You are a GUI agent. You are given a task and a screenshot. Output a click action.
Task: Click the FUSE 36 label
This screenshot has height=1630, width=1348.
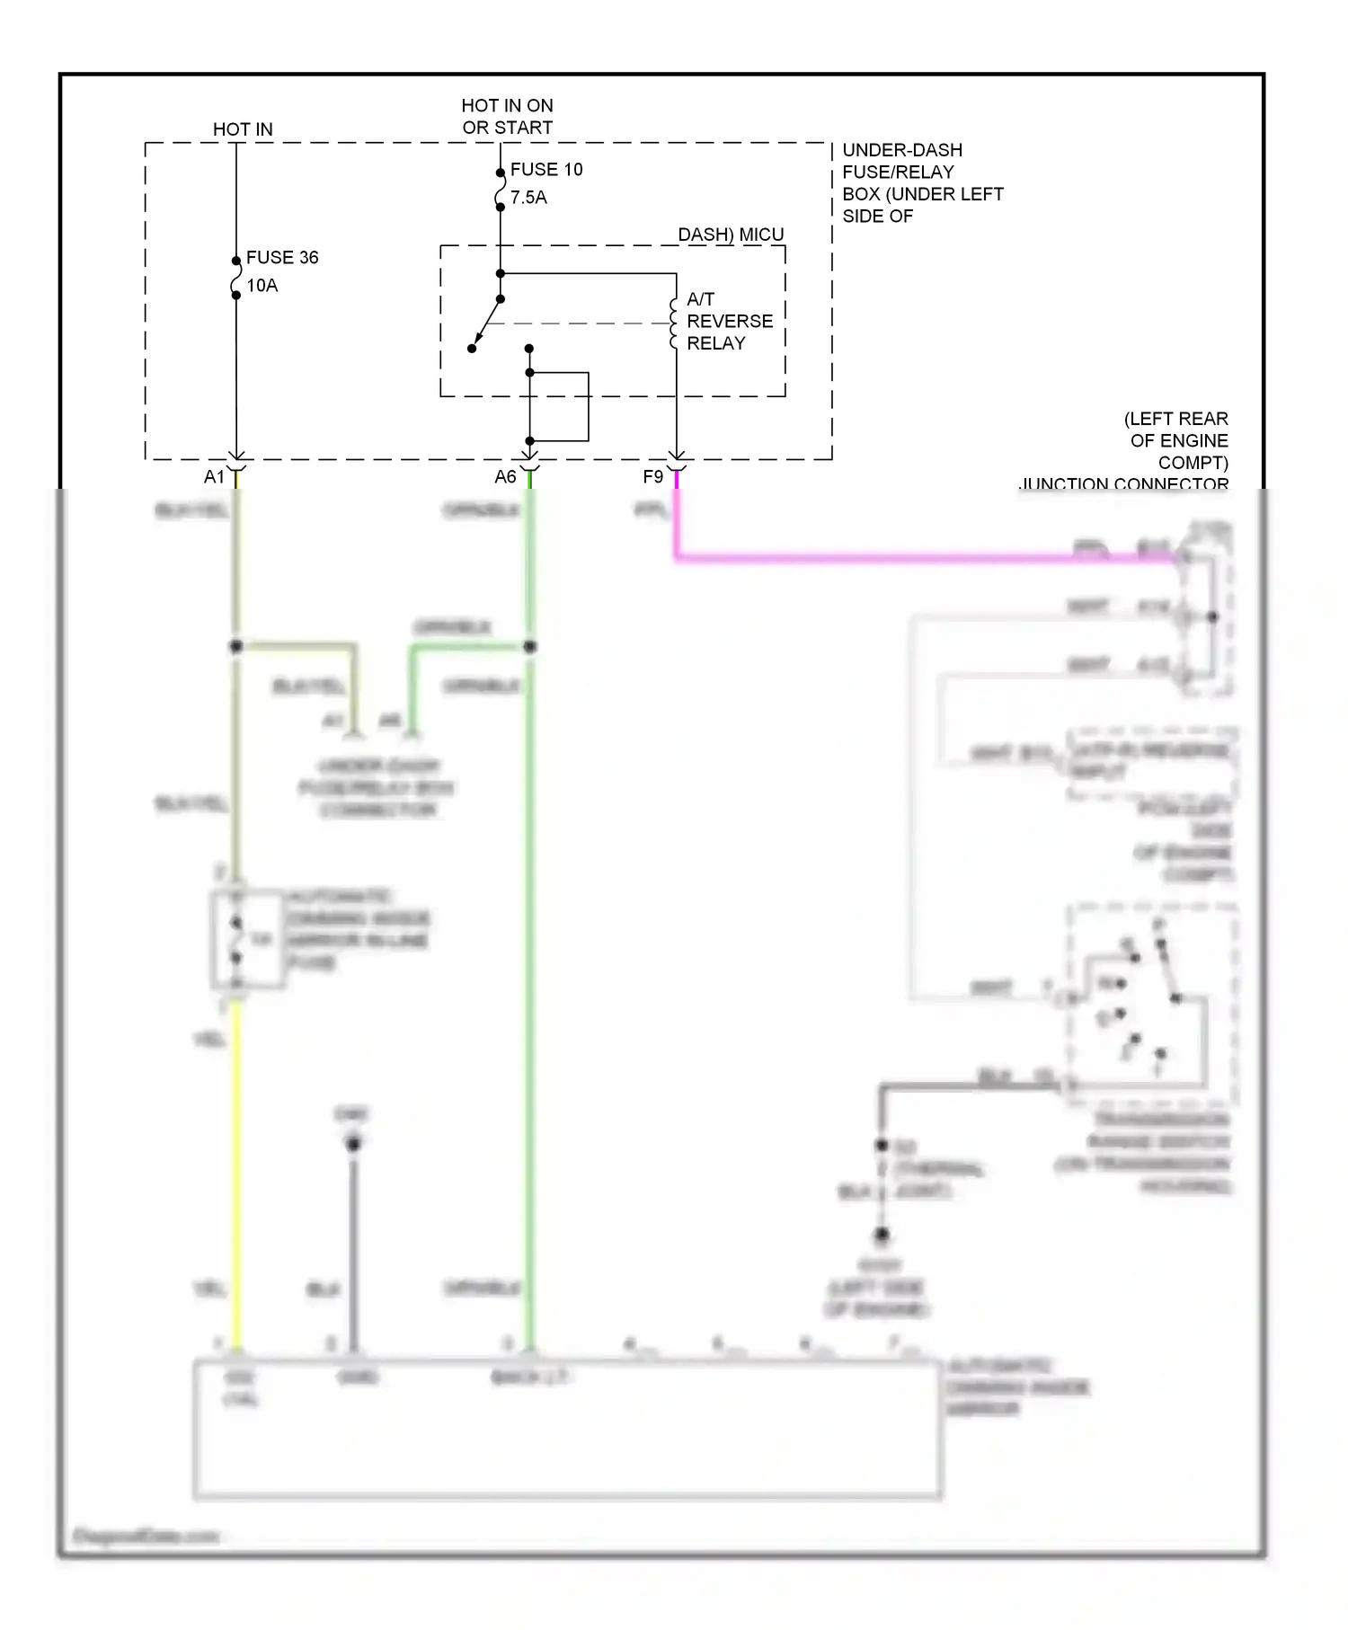click(x=282, y=258)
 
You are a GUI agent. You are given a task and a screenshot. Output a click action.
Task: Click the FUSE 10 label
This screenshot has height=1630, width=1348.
click(x=546, y=170)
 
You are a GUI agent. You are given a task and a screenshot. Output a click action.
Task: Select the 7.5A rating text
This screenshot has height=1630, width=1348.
click(x=528, y=198)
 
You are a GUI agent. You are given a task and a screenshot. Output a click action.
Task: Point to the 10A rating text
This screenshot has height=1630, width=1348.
click(x=262, y=286)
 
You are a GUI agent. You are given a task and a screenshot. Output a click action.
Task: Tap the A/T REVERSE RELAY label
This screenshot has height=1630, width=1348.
click(x=729, y=321)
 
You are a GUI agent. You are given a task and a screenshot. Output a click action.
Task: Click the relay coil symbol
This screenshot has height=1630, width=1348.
click(x=674, y=323)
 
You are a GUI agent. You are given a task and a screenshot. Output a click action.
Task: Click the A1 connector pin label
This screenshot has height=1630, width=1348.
click(x=214, y=477)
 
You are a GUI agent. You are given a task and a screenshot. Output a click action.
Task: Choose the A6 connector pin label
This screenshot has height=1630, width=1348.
click(x=505, y=477)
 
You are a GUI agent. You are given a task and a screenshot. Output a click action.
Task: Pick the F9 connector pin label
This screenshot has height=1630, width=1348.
click(x=652, y=477)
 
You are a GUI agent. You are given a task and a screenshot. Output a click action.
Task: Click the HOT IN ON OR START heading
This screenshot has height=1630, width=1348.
click(x=507, y=117)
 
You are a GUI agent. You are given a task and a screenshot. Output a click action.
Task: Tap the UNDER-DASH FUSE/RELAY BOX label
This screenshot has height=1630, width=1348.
click(x=921, y=182)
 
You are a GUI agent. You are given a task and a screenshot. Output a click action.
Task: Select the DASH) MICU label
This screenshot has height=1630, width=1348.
click(x=731, y=235)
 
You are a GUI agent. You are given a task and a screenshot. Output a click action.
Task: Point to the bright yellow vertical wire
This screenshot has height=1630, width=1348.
click(x=237, y=1168)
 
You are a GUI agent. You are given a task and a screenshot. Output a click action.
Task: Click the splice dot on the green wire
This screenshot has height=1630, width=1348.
click(x=530, y=646)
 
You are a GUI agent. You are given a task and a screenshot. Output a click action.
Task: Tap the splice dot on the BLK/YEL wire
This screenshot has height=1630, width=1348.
click(x=236, y=646)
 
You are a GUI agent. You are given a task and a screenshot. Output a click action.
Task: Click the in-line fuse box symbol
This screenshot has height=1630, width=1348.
click(x=248, y=940)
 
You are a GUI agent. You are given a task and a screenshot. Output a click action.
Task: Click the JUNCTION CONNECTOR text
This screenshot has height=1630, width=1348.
click(x=1123, y=483)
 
